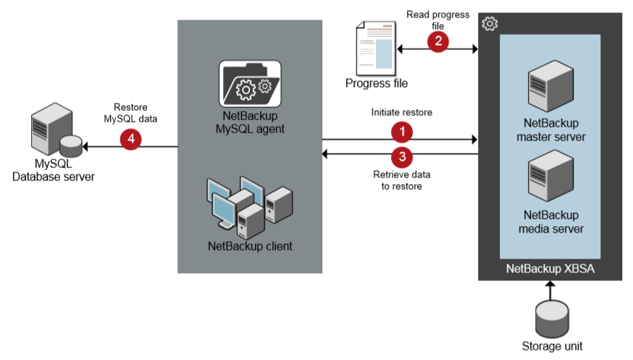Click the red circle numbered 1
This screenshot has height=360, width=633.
[x=401, y=131]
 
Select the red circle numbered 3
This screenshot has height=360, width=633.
[x=401, y=155]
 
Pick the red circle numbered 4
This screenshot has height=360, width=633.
[x=131, y=138]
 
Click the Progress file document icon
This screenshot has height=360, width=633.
[x=375, y=48]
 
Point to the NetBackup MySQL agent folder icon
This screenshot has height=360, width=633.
[x=250, y=85]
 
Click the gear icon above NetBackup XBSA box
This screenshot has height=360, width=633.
[x=490, y=24]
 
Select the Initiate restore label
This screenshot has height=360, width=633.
[x=401, y=112]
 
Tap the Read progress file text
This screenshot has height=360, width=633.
[x=437, y=20]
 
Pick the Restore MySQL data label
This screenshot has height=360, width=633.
[x=131, y=112]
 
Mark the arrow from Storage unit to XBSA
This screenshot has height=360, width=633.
[x=551, y=290]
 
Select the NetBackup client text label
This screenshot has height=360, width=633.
[x=250, y=246]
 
